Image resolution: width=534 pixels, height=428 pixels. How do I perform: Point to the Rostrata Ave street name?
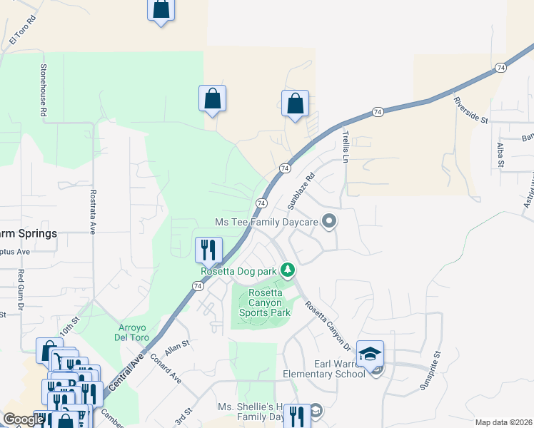93,212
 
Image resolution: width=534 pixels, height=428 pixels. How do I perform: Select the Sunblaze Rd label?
301,193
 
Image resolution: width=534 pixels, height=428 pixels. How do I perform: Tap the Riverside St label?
469,109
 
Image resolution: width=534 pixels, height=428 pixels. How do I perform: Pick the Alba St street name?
500,155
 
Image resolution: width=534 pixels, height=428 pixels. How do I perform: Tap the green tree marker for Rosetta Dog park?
288,270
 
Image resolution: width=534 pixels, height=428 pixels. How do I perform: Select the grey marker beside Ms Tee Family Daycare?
329,222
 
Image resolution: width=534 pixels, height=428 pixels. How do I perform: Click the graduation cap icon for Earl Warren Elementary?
371,353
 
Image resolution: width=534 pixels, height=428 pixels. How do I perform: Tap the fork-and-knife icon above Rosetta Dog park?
208,249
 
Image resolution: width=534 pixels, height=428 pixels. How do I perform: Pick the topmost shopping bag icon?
161,9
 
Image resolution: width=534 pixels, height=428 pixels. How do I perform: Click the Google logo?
23,419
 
